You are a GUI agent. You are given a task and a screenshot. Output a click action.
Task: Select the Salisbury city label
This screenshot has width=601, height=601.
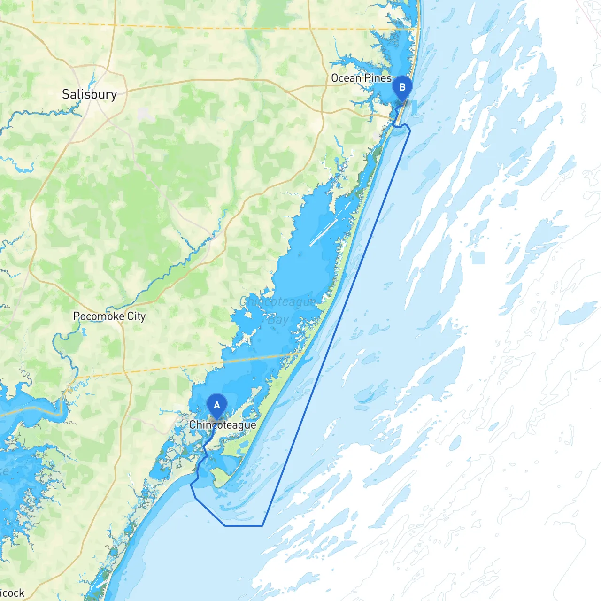89,94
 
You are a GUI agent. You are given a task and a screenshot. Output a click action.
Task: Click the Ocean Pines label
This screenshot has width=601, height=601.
361,78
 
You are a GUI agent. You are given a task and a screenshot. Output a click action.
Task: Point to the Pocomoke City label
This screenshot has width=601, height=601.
109,316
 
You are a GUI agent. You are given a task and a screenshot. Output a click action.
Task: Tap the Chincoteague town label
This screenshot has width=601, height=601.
223,425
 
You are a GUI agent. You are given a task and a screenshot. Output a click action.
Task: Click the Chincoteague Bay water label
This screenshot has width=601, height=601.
278,310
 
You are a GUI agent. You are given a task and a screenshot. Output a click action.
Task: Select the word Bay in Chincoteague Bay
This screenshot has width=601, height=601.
278,320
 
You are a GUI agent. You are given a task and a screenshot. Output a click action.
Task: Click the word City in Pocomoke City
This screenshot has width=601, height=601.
136,316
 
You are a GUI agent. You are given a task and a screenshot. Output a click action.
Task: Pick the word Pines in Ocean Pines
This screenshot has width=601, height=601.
378,78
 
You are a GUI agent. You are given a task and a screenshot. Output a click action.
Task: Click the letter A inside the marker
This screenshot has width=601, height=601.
217,405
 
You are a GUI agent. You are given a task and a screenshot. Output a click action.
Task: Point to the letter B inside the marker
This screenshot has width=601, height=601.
402,87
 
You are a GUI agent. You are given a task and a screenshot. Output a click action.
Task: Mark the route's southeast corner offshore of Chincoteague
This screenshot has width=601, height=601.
262,525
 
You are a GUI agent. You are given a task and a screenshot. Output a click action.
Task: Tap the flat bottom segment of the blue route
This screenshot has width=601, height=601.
243,525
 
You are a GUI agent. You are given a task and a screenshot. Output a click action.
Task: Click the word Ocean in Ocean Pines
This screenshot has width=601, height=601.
346,78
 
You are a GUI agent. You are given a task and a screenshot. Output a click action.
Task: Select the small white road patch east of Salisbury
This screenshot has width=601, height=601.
145,113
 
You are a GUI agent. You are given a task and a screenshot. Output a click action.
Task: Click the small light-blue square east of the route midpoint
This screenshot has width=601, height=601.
478,258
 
